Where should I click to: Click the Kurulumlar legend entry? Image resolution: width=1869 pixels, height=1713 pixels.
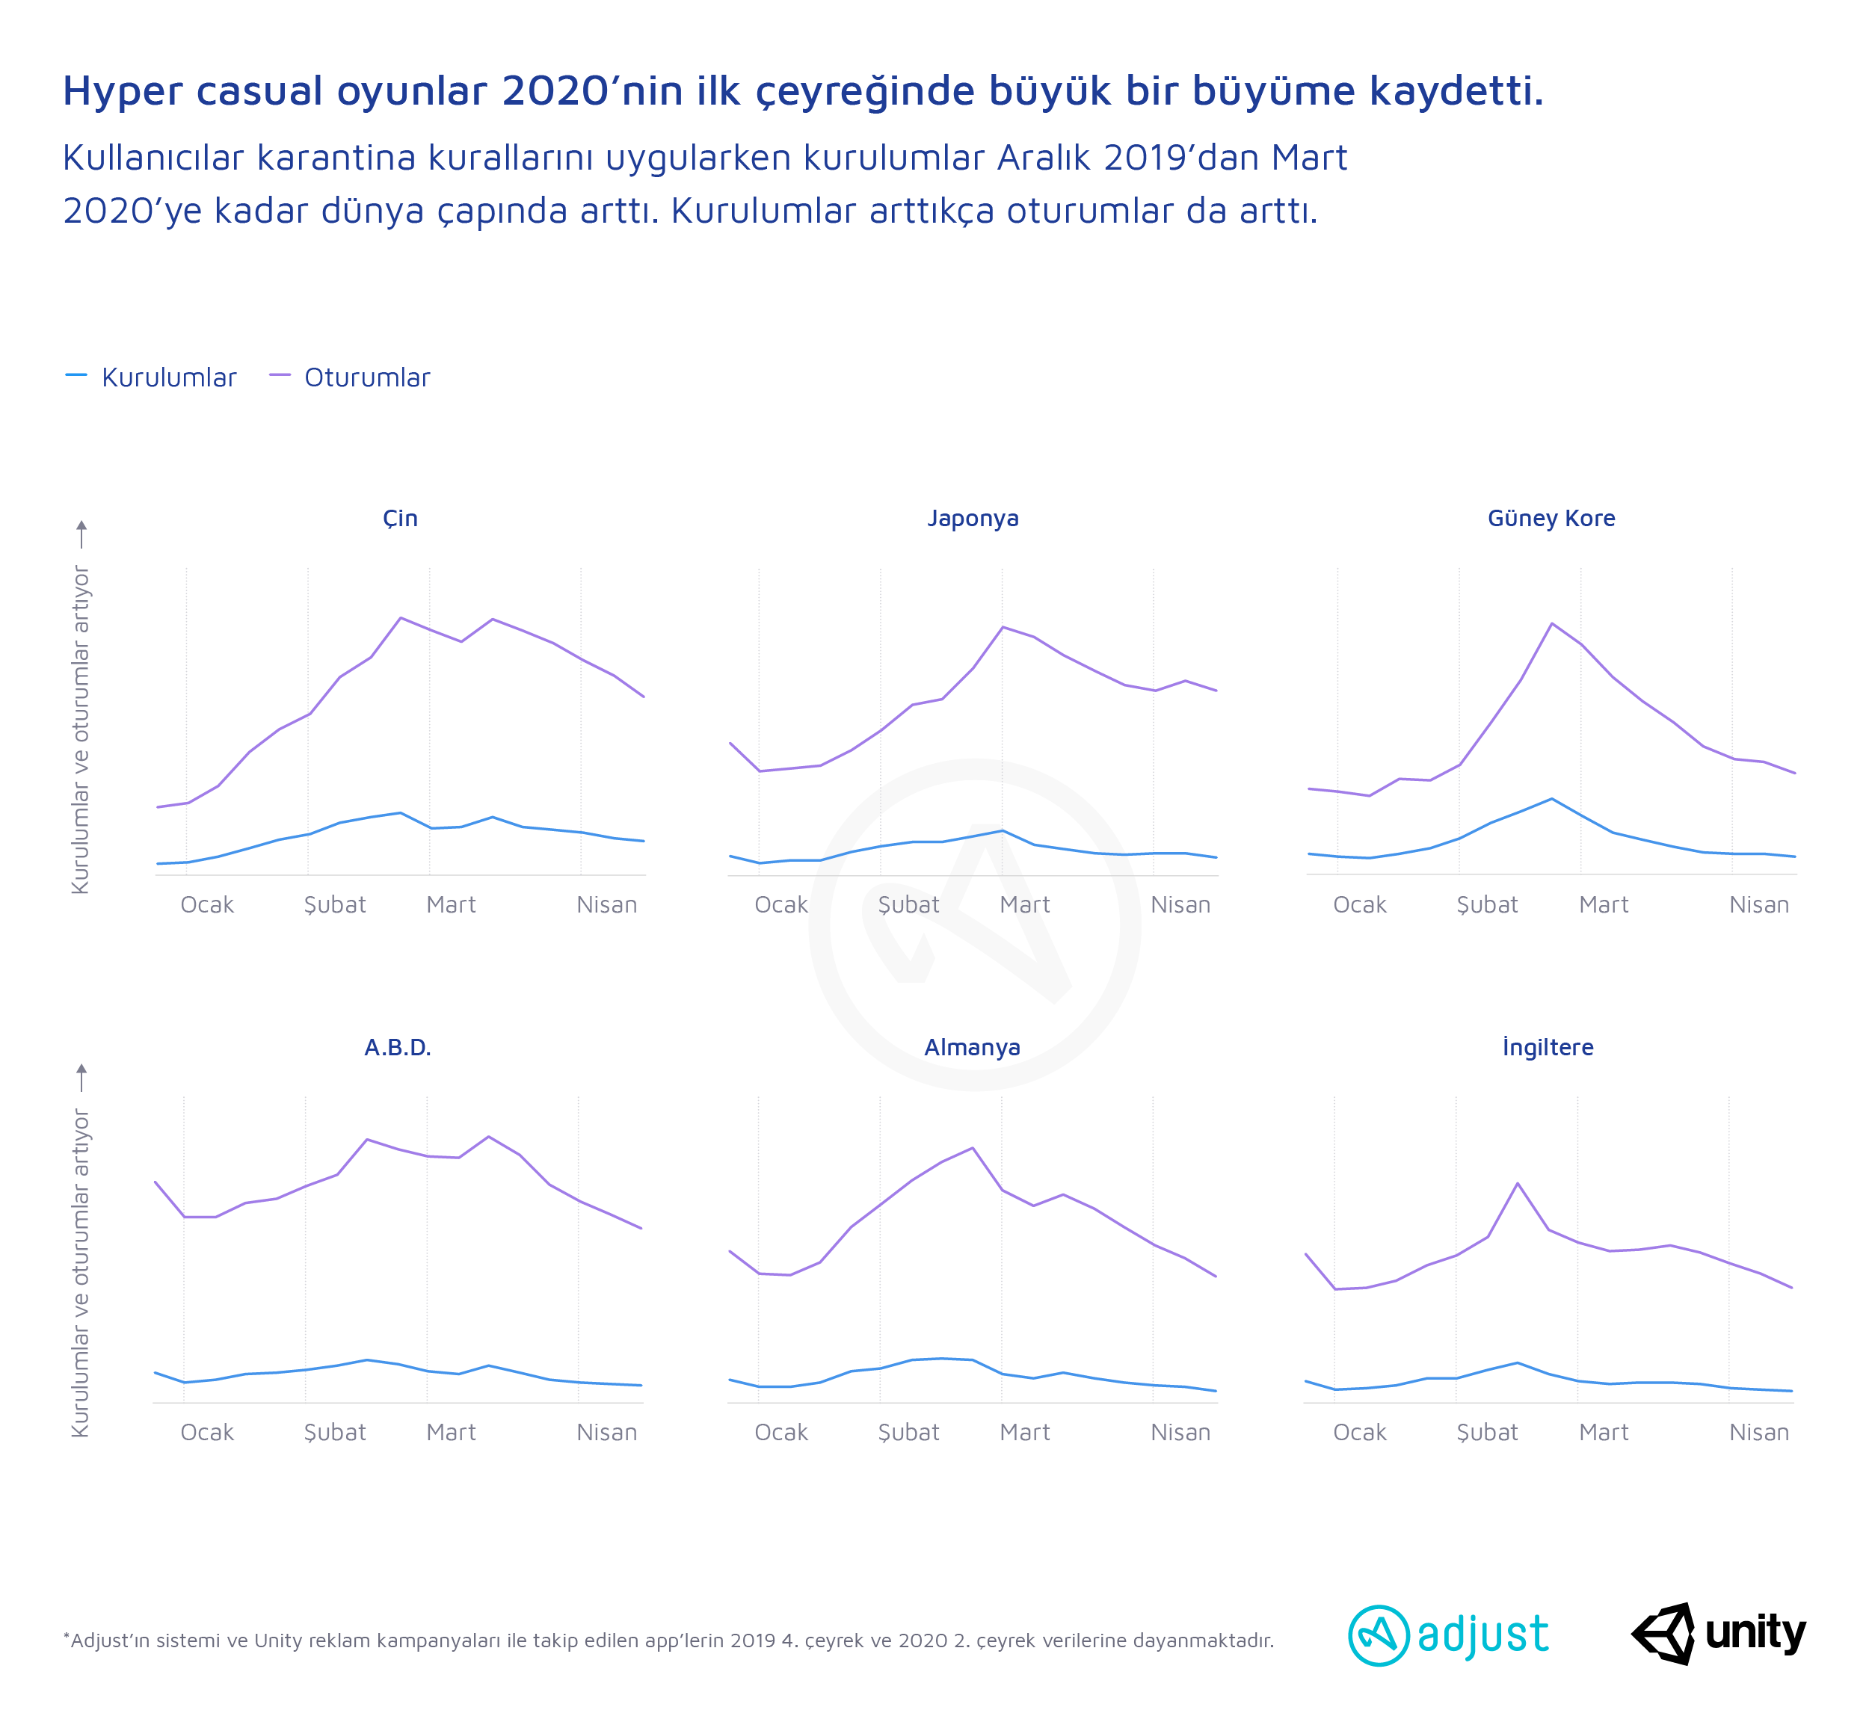169,377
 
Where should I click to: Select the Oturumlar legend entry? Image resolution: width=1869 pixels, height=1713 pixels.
367,377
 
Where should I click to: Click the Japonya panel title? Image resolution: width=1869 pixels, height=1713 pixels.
973,518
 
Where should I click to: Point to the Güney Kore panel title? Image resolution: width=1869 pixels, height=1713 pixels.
1551,518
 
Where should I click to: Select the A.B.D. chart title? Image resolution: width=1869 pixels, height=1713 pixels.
398,1047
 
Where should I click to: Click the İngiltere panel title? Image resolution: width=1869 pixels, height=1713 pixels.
1548,1047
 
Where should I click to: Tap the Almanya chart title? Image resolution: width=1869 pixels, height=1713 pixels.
973,1047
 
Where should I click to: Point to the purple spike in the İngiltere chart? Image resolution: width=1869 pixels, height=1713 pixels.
1518,1183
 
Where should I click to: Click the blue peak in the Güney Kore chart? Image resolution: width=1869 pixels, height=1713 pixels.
1552,798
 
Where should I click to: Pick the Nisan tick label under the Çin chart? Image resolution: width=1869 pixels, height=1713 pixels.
606,904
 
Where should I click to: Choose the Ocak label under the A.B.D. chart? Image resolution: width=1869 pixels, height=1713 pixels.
207,1432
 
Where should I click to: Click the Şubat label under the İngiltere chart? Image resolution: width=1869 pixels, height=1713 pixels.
1487,1432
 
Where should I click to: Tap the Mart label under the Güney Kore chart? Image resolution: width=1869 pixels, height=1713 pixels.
1604,904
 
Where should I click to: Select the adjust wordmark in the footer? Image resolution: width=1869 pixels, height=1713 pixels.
1483,1635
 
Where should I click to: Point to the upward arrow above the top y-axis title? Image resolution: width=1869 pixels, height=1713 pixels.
81,533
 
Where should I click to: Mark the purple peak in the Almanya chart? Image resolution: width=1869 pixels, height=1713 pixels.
972,1149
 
